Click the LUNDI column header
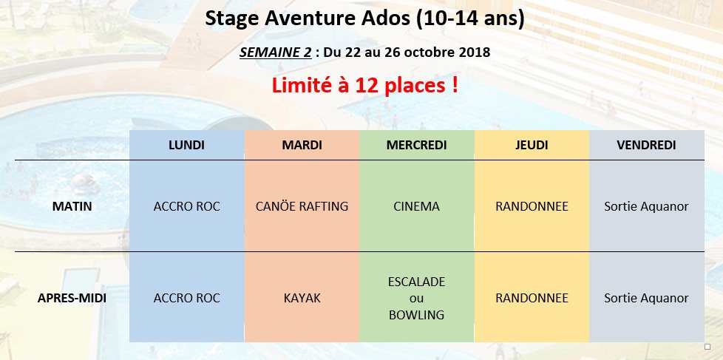tap(186, 145)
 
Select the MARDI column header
tap(302, 145)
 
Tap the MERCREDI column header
tap(416, 145)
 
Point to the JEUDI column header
tap(532, 145)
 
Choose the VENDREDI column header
tap(646, 145)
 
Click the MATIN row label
tap(72, 206)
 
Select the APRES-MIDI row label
tap(72, 298)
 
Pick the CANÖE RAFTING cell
tap(302, 206)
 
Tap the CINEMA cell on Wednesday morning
tap(416, 206)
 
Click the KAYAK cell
tap(302, 298)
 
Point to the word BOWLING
tap(416, 315)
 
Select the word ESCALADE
tap(416, 281)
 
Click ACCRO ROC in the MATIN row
tap(186, 206)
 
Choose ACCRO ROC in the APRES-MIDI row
tap(186, 298)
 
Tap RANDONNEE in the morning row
tap(532, 206)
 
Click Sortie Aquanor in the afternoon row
tap(646, 298)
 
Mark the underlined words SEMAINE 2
tap(275, 52)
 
